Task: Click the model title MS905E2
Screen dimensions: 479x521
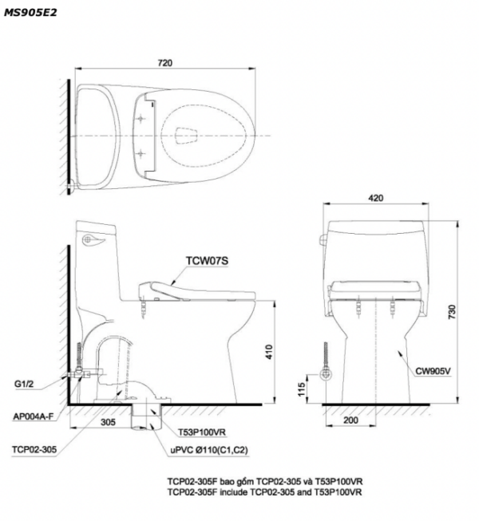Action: click(30, 13)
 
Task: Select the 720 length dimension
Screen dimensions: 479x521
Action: click(165, 63)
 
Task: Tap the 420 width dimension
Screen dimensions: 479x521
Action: click(376, 198)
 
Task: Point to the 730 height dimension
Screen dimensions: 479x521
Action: click(452, 312)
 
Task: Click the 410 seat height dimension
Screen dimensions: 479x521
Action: click(269, 352)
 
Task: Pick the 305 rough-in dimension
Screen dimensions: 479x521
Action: click(108, 422)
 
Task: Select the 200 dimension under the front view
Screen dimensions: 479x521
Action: click(350, 420)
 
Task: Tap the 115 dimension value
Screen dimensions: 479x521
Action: click(301, 389)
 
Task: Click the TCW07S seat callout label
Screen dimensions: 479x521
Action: click(207, 261)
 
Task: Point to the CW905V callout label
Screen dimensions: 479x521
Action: click(433, 371)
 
